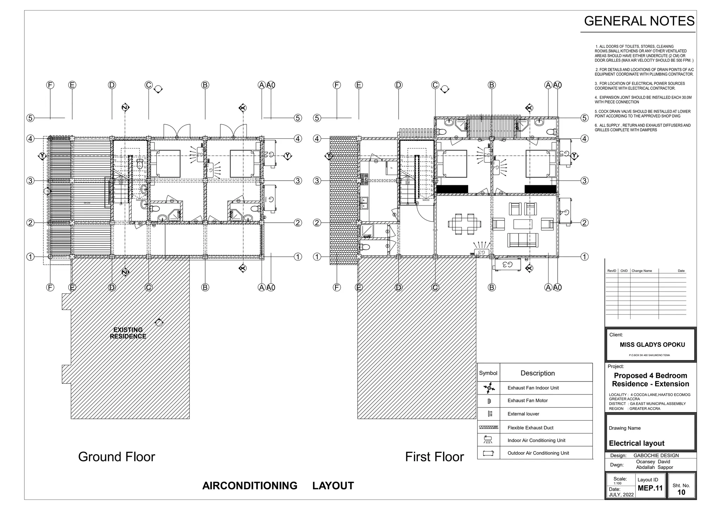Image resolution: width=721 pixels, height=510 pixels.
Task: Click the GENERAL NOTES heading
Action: pyautogui.click(x=639, y=21)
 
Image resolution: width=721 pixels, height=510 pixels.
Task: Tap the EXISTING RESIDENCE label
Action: pyautogui.click(x=128, y=333)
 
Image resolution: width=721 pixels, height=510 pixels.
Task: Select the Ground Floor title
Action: pyautogui.click(x=117, y=457)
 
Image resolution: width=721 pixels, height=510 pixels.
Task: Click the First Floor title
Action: pyautogui.click(x=434, y=457)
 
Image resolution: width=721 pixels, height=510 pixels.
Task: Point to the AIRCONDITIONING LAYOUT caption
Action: pyautogui.click(x=278, y=486)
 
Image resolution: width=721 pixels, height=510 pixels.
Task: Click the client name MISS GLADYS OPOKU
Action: pyautogui.click(x=652, y=345)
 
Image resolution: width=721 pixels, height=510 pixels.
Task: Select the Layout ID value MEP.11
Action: pyautogui.click(x=650, y=488)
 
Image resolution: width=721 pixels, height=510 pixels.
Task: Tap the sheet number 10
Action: pyautogui.click(x=681, y=492)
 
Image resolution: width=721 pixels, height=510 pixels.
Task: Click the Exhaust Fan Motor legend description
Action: pyautogui.click(x=527, y=400)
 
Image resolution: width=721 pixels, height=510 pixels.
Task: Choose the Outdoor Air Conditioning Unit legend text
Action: pyautogui.click(x=538, y=453)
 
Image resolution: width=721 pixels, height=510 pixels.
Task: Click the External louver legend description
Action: pyautogui.click(x=523, y=414)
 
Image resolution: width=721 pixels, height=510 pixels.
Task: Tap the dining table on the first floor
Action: pyautogui.click(x=464, y=224)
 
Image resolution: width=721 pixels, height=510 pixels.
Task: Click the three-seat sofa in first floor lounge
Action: pyautogui.click(x=523, y=240)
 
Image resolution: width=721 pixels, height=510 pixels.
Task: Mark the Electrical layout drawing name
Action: pyautogui.click(x=637, y=443)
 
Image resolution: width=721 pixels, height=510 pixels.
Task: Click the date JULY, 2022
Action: pyautogui.click(x=621, y=495)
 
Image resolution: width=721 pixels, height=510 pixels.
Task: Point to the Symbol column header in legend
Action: pyautogui.click(x=488, y=373)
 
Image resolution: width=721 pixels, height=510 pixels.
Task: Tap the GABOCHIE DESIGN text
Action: pyautogui.click(x=656, y=455)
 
